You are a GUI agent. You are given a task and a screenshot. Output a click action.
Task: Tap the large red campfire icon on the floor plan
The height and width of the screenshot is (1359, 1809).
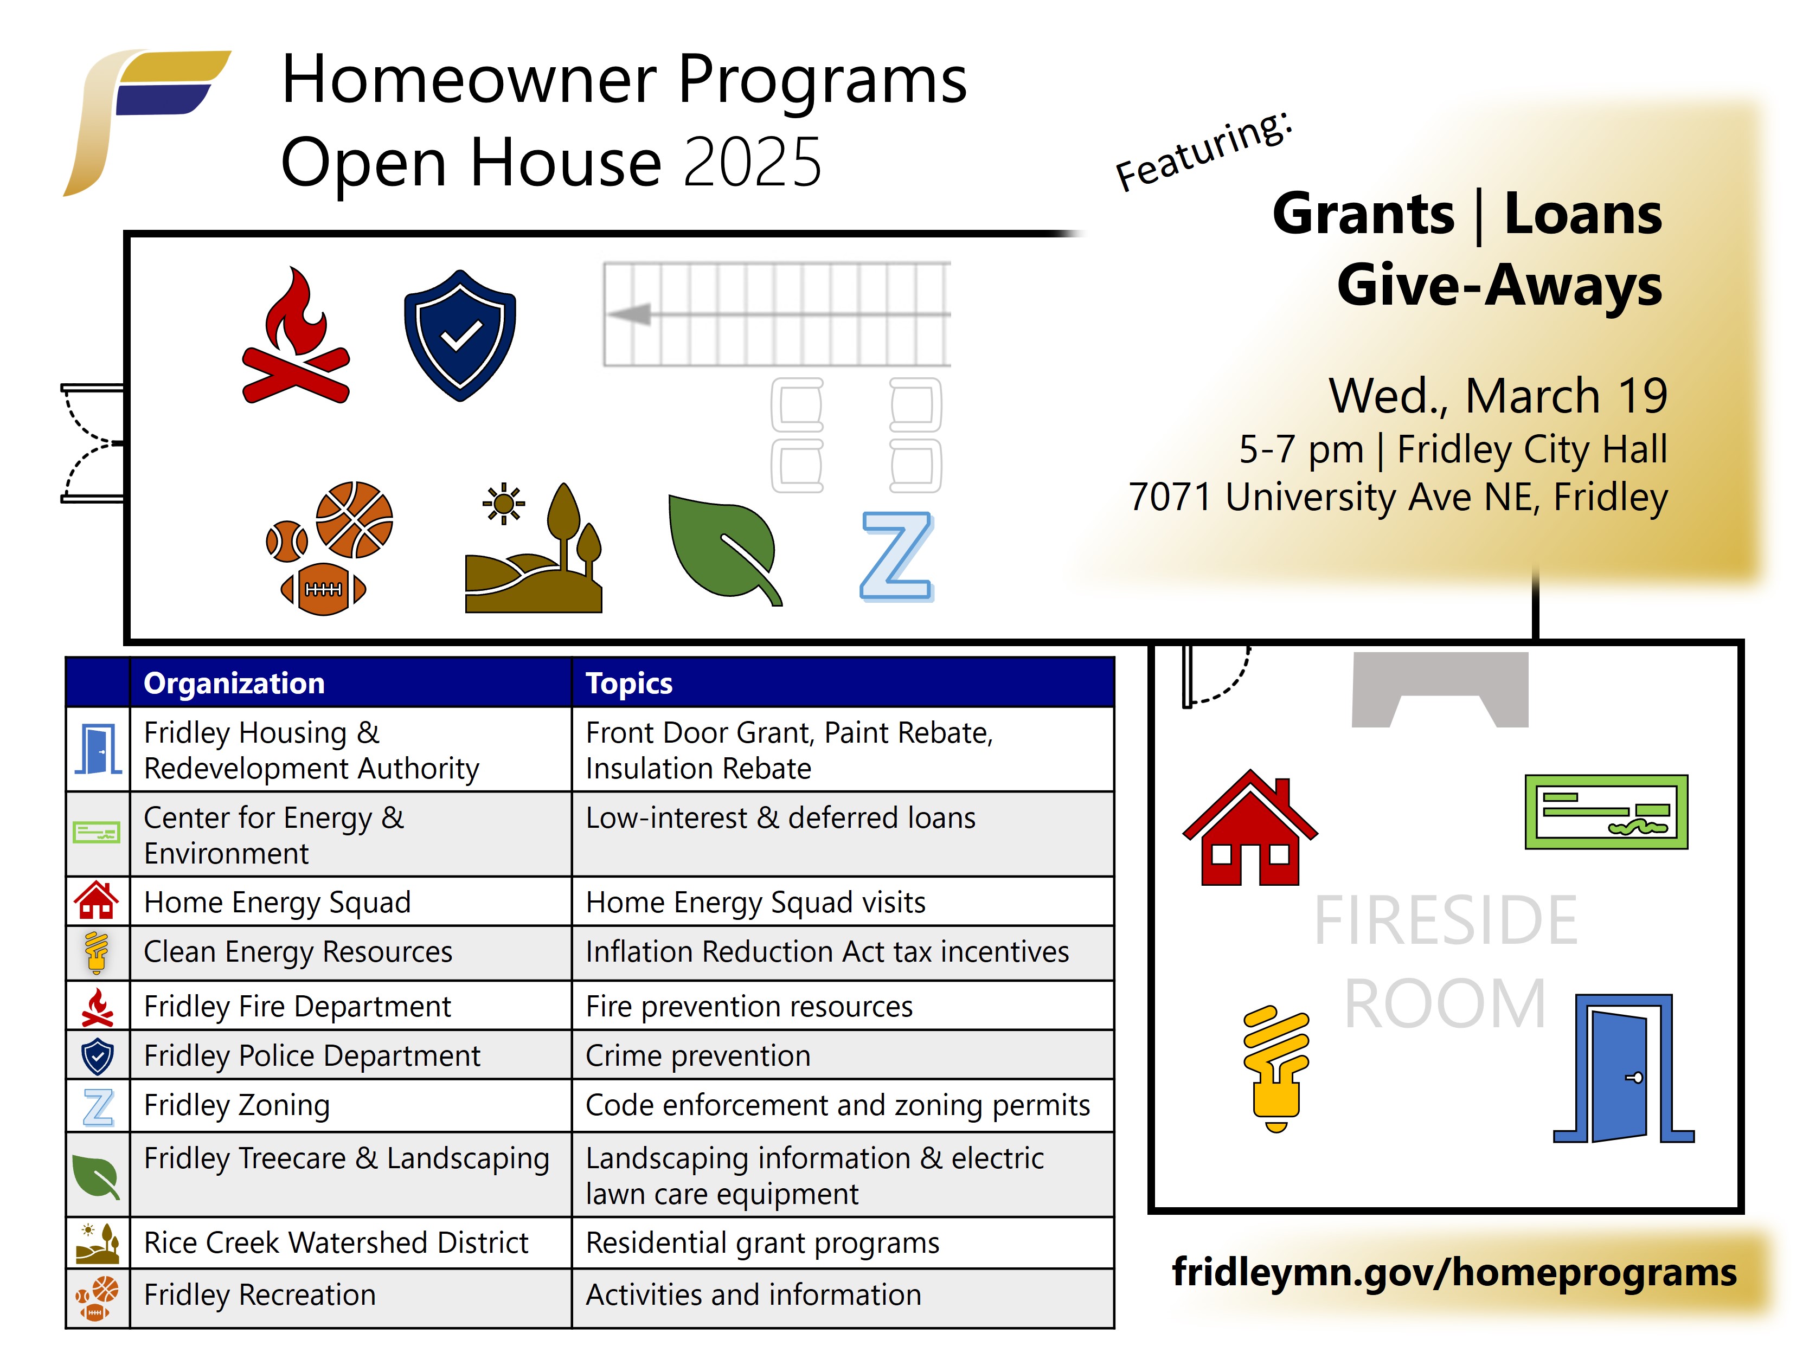point(296,339)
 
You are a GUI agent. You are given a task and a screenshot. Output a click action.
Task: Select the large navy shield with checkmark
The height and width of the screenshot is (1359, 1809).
point(460,335)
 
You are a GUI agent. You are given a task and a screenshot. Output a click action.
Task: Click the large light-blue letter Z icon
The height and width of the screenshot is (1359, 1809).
point(896,556)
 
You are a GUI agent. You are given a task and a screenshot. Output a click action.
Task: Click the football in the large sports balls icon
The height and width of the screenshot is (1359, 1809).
point(324,589)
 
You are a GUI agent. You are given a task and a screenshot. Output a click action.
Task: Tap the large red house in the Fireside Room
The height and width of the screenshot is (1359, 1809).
point(1249,830)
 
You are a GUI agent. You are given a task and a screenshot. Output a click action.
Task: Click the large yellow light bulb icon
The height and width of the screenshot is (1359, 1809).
point(1276,1067)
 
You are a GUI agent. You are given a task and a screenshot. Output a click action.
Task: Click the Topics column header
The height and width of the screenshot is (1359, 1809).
point(629,683)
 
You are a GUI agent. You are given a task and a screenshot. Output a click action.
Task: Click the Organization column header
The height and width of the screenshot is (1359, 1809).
point(234,683)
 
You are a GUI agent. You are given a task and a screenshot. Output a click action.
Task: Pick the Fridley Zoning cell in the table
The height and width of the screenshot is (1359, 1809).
point(237,1105)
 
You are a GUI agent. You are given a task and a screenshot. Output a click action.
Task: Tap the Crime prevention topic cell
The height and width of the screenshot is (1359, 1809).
point(697,1055)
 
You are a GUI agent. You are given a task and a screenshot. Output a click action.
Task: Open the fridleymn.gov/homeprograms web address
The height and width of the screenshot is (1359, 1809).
point(1454,1272)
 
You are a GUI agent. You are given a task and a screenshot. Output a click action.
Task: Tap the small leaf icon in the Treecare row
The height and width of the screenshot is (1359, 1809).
point(97,1176)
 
